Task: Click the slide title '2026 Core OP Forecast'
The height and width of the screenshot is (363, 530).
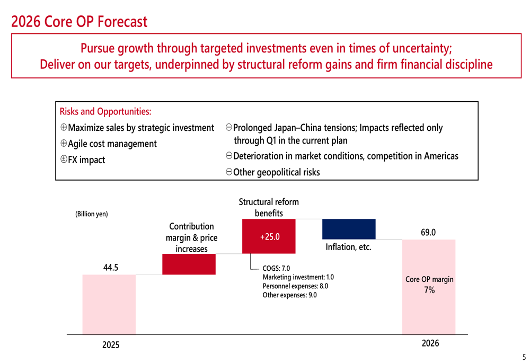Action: pos(79,22)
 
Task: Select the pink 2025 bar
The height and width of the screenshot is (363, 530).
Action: pos(109,304)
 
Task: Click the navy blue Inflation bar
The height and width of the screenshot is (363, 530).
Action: pos(349,229)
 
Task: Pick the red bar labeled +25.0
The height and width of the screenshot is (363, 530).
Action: pos(269,236)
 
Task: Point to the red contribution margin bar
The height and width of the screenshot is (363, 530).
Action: pos(189,264)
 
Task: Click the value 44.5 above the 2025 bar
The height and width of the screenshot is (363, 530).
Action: pos(110,268)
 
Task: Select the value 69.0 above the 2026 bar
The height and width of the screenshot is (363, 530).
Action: pos(428,232)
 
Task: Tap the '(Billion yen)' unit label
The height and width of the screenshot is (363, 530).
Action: pos(91,214)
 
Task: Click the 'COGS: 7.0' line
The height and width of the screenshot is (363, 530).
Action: pos(276,268)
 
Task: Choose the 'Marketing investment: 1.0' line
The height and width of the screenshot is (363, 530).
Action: pos(298,277)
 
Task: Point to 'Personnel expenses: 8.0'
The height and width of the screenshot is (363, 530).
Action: pos(295,286)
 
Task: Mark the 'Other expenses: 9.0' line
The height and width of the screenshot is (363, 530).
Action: pos(289,295)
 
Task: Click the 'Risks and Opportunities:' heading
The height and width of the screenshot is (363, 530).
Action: pos(105,111)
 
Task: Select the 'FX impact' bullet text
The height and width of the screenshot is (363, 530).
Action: pos(86,160)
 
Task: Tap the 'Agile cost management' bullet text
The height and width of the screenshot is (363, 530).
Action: pos(112,144)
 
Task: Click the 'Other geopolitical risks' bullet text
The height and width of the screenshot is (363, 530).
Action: pos(276,172)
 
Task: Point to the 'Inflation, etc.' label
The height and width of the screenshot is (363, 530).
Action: pos(348,247)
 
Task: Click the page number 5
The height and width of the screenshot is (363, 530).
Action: pos(524,357)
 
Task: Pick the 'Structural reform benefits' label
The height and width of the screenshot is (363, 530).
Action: pos(269,207)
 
